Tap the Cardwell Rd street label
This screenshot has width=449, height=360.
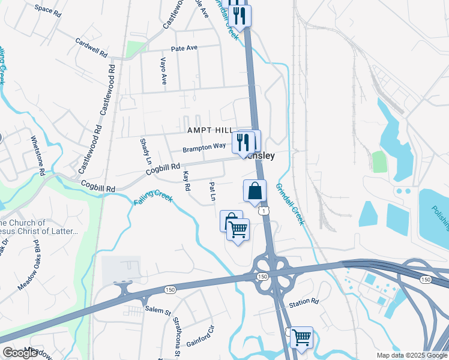pos(91,48)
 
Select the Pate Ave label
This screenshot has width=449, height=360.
pos(184,48)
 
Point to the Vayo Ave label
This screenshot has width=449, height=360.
pos(163,71)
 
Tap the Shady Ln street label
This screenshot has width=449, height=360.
pos(144,152)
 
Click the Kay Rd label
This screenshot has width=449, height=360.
pos(187,181)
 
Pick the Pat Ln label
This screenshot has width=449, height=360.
pos(212,192)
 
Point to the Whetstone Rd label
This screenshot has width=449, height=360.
pos(38,155)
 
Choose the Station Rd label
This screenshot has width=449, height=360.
pos(304,301)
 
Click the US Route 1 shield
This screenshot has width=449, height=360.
pos(262,211)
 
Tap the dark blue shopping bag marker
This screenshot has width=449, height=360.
pos(255,191)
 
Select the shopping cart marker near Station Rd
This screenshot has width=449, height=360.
pos(301,337)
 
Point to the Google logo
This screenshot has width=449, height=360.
pos(20,353)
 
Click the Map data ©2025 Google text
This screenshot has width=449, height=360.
pos(412,355)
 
